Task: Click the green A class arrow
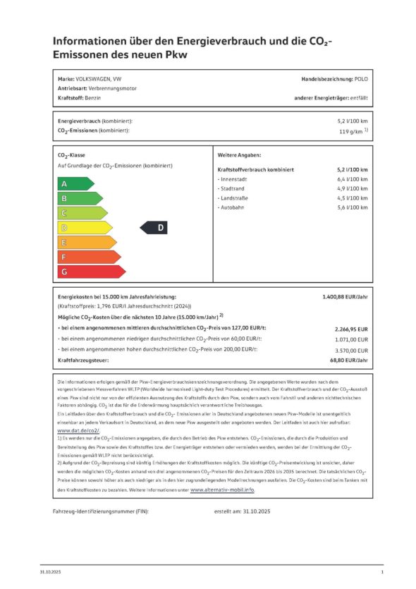[x=74, y=184]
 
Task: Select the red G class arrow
[x=90, y=272]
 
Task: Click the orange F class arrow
[x=88, y=257]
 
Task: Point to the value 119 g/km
[x=350, y=131]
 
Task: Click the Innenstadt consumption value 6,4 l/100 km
[x=352, y=180]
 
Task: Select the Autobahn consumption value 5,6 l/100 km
[x=352, y=207]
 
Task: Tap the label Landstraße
[x=238, y=198]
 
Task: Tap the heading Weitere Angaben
[x=240, y=154]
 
